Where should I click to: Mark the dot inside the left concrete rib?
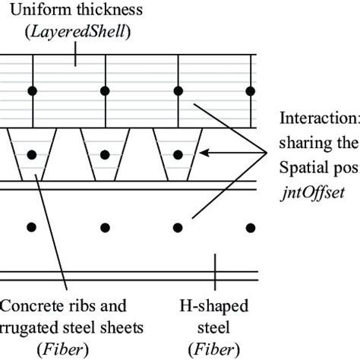click(x=32, y=155)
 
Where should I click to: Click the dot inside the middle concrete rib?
click(x=105, y=155)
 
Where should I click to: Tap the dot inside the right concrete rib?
click(x=178, y=155)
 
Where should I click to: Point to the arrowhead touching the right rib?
click(x=204, y=155)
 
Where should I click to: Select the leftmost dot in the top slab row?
click(x=32, y=92)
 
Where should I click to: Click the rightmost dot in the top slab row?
click(x=251, y=92)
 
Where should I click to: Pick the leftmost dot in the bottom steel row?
click(x=32, y=227)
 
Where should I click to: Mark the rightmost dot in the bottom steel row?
click(x=251, y=227)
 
